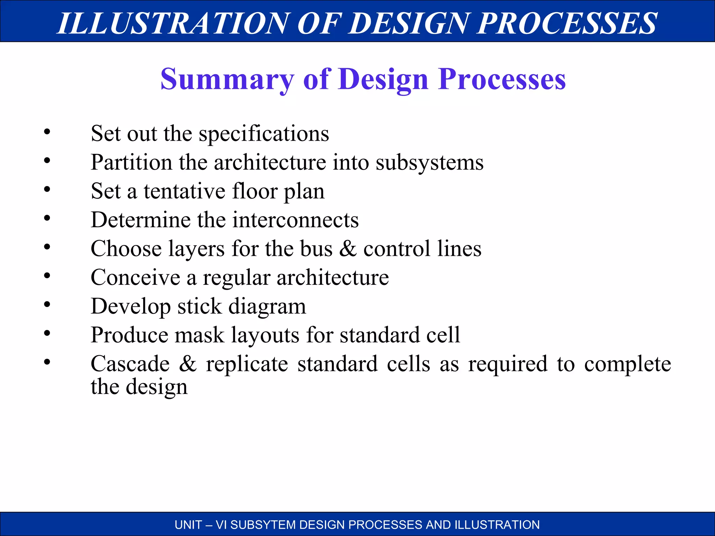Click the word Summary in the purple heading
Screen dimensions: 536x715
(x=227, y=80)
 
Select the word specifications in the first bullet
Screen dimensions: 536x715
(x=264, y=134)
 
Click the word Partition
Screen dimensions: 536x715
(x=131, y=162)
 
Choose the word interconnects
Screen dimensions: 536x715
(x=296, y=220)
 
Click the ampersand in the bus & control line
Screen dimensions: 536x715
(x=348, y=248)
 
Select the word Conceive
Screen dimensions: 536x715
(x=135, y=278)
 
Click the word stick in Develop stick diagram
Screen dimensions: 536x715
(x=199, y=306)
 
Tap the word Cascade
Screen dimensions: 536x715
(x=130, y=364)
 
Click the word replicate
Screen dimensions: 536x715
(x=247, y=364)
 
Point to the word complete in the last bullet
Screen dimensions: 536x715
(x=627, y=364)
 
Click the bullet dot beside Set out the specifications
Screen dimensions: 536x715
(x=47, y=132)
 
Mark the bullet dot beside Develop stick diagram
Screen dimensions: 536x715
(x=47, y=305)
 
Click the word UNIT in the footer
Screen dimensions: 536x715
(x=188, y=525)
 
